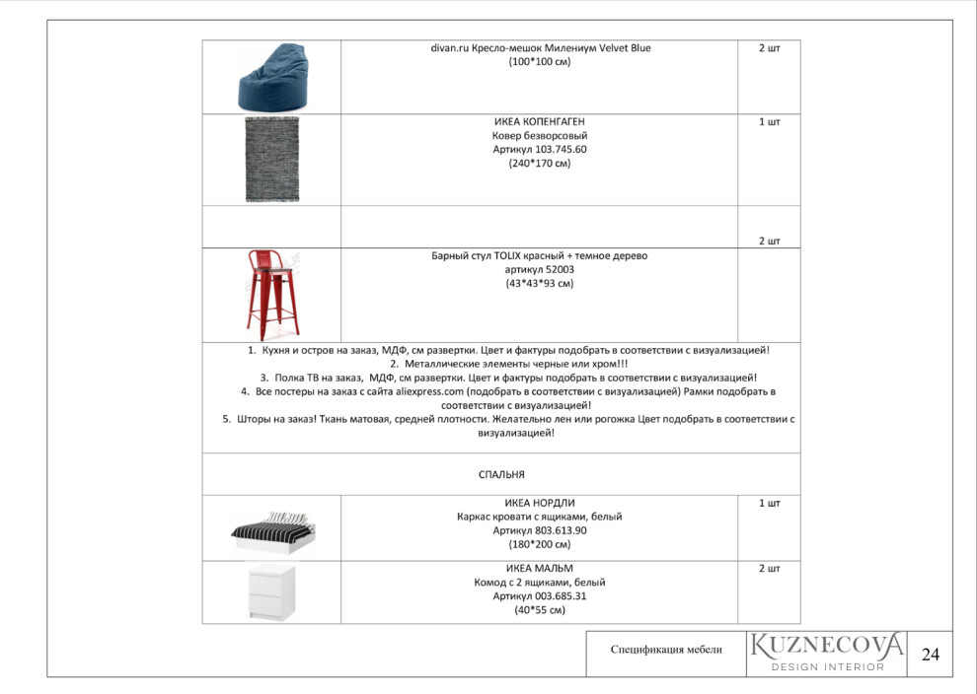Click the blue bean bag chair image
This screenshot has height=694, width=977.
tap(271, 77)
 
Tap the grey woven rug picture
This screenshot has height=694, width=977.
tap(271, 160)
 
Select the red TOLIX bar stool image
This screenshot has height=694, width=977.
tap(271, 295)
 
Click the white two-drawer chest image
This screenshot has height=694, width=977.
tap(271, 591)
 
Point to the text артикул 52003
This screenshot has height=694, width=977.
tap(540, 269)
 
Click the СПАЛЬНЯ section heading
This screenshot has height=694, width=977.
tap(501, 474)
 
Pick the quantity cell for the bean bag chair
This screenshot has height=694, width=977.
tap(769, 48)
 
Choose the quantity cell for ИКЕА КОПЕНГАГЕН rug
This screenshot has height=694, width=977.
tap(769, 122)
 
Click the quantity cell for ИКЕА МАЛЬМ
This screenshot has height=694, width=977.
tap(769, 569)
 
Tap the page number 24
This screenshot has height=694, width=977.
tap(930, 654)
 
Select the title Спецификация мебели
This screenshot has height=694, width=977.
tap(666, 649)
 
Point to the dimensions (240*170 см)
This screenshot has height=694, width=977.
tap(540, 164)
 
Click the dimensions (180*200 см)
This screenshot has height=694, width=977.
tap(540, 544)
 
